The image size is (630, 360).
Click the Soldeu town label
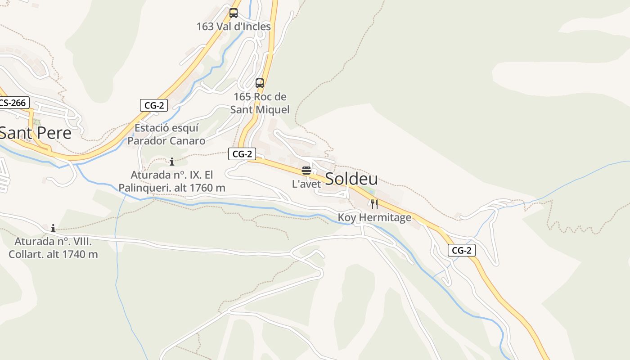coord(351,179)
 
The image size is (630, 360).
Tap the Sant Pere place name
coord(35,133)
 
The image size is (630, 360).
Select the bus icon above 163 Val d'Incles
coord(233,13)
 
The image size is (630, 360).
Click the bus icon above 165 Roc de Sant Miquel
coord(260,83)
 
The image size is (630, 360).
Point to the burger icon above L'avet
coord(306,171)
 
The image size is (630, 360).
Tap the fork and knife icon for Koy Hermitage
coord(374,204)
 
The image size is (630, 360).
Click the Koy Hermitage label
coord(374,218)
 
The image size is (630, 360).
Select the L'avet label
coord(306,184)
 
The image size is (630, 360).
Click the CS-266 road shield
coord(13,103)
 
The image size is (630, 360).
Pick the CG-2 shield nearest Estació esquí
coord(154,105)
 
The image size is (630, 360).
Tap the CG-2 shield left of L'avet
coord(242,154)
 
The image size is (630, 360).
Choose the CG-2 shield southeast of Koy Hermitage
coord(461,250)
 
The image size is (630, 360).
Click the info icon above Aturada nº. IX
coord(171,162)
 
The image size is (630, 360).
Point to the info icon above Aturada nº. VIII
coord(53,228)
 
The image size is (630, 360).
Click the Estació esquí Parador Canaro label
coord(166,135)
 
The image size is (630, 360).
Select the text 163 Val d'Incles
coord(234,27)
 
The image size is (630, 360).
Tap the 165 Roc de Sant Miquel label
coord(260,103)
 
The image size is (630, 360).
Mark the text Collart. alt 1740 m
coord(53,254)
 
